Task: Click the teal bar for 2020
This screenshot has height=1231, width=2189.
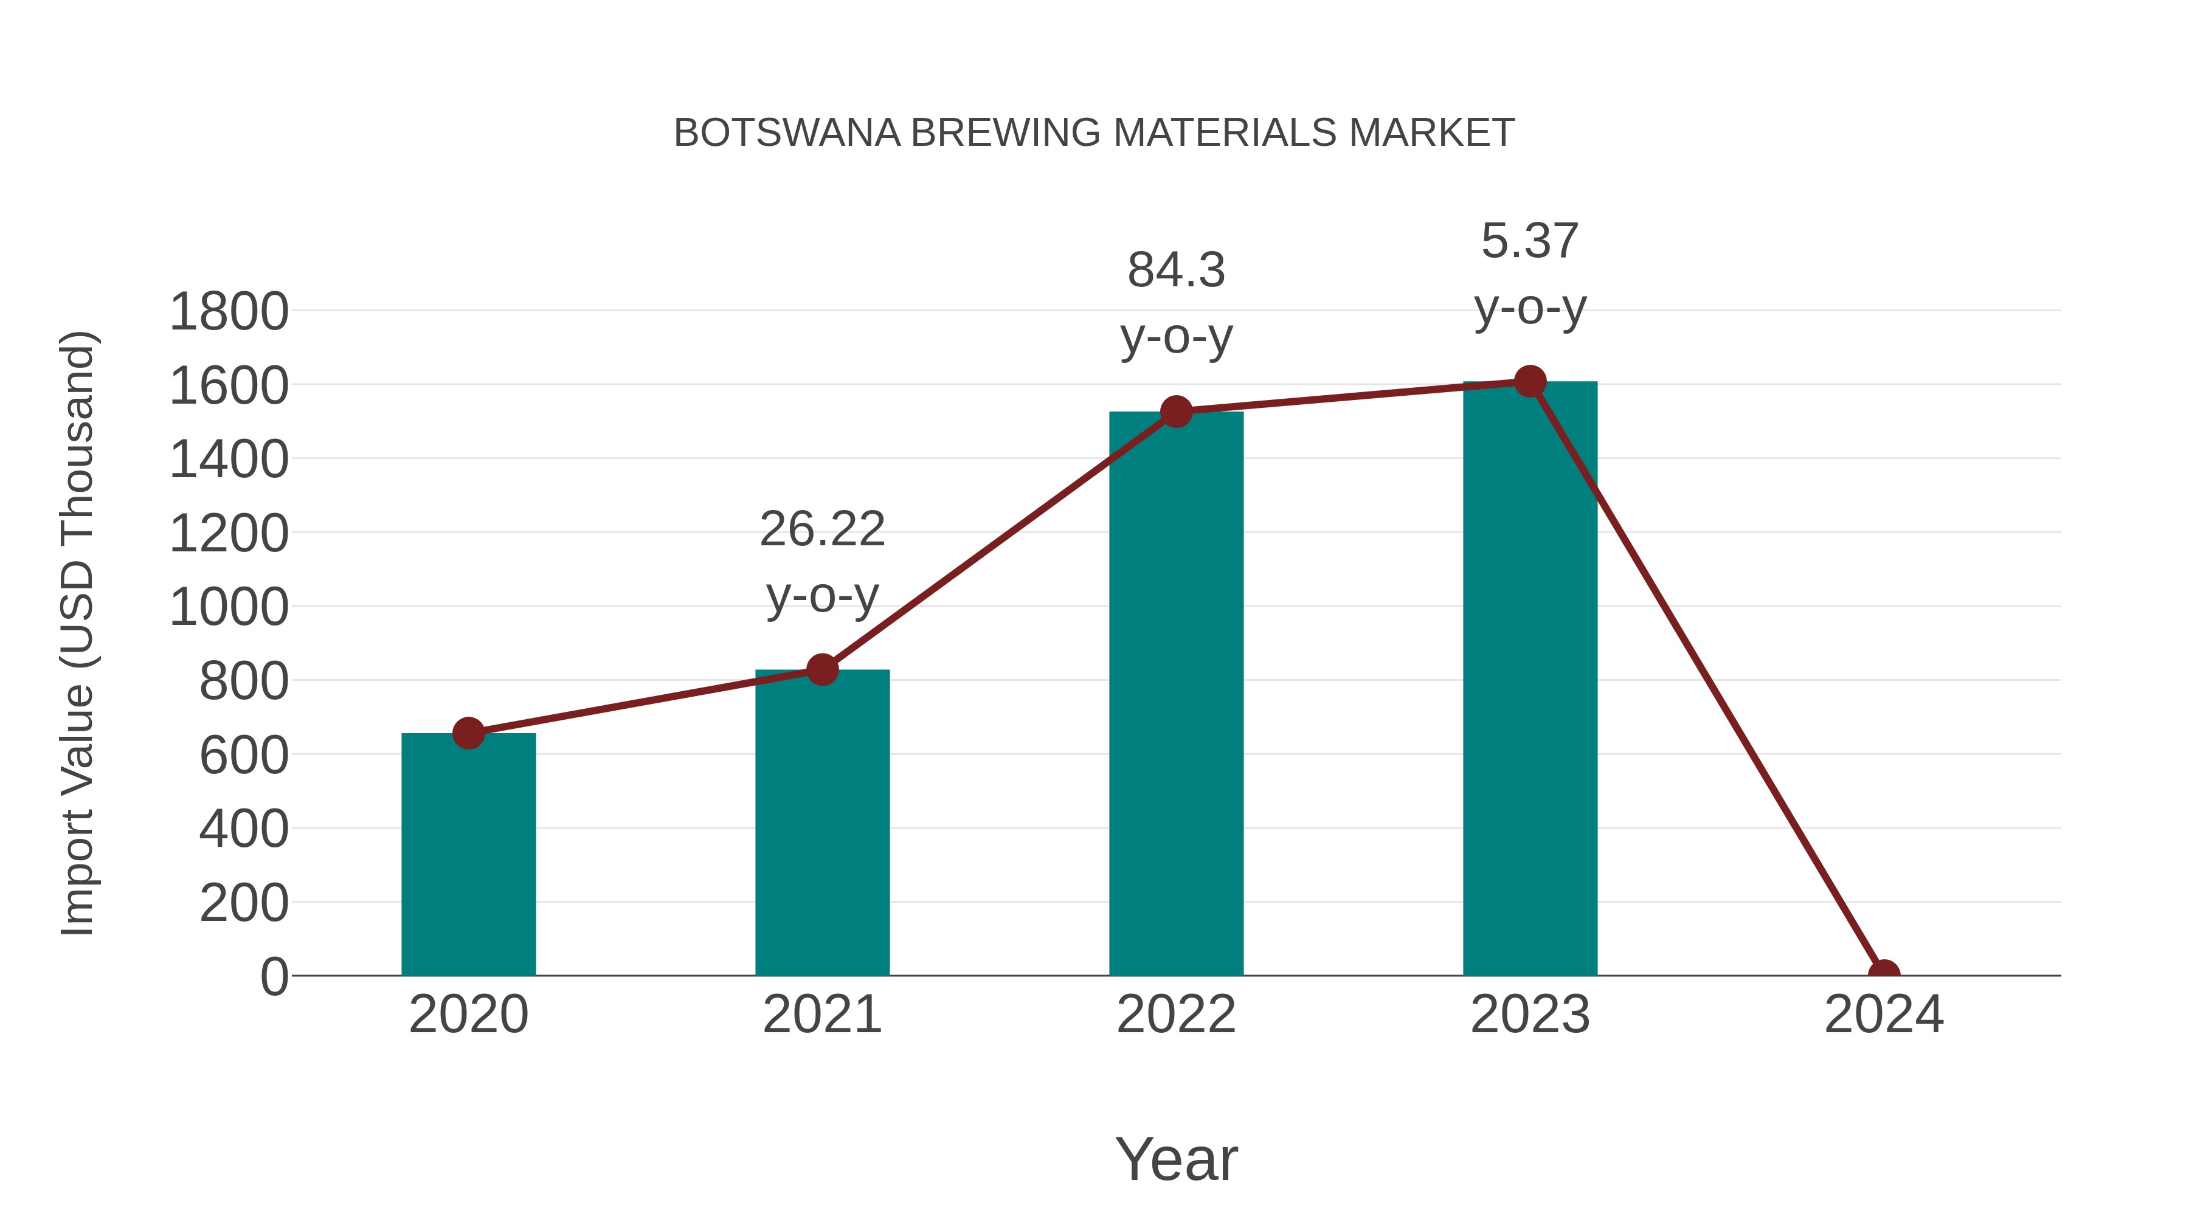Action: click(x=468, y=854)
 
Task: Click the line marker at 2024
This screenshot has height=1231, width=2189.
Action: click(x=1884, y=974)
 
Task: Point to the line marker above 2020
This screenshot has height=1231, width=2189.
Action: click(x=468, y=733)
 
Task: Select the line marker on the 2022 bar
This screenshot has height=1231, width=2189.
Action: click(x=1176, y=412)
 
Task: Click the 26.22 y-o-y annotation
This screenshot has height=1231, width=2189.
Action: click(x=821, y=562)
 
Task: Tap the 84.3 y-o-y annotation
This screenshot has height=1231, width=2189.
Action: click(x=1176, y=303)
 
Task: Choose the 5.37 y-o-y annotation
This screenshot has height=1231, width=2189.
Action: click(x=1530, y=274)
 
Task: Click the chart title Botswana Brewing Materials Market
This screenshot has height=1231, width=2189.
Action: click(x=1094, y=133)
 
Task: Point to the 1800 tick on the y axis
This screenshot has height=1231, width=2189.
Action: click(x=229, y=312)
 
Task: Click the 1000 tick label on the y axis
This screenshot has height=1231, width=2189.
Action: click(x=229, y=607)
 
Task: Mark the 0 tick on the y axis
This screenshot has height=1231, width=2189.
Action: click(x=274, y=976)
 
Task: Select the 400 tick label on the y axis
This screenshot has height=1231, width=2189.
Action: click(x=243, y=829)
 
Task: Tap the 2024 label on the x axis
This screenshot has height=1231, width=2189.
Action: click(x=1884, y=1015)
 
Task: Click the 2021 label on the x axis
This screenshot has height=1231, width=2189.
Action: click(x=821, y=1015)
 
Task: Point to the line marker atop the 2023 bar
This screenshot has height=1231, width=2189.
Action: click(x=1530, y=381)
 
